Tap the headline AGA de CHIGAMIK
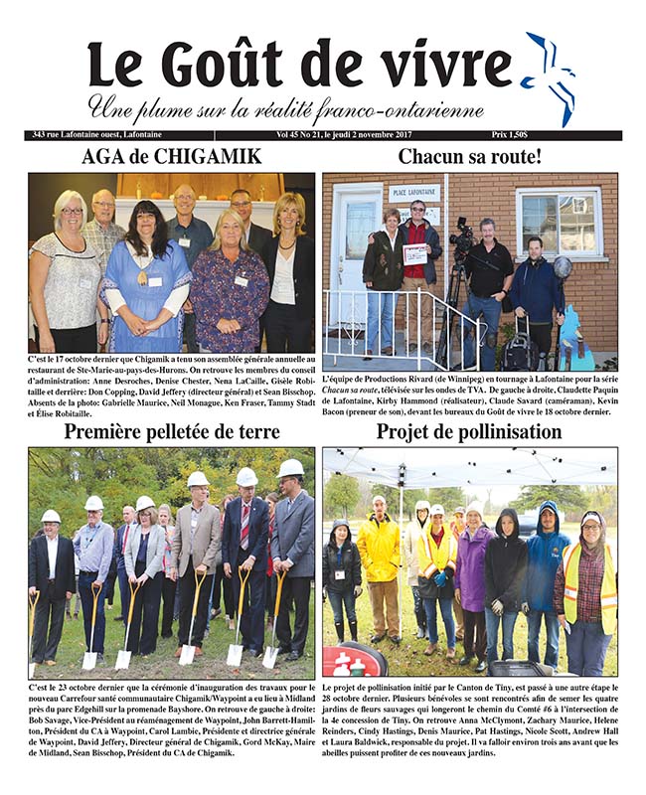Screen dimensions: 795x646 click(171, 157)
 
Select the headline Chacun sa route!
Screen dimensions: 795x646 click(469, 157)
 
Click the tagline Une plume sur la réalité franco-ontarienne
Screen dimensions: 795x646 click(285, 108)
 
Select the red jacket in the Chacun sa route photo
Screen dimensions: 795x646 click(418, 253)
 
